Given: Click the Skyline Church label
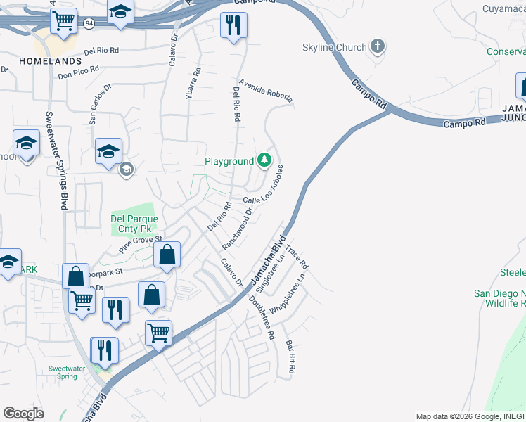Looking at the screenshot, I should pyautogui.click(x=334, y=47).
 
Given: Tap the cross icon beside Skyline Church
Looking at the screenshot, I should pyautogui.click(x=378, y=47).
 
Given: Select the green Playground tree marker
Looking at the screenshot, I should pyautogui.click(x=264, y=160).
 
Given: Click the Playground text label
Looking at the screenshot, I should pyautogui.click(x=229, y=161).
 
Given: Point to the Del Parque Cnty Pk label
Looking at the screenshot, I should pyautogui.click(x=134, y=224).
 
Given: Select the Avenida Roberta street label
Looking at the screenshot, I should pyautogui.click(x=265, y=91).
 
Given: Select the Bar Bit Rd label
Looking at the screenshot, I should pyautogui.click(x=290, y=357).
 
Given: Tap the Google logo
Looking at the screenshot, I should pyautogui.click(x=23, y=414).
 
